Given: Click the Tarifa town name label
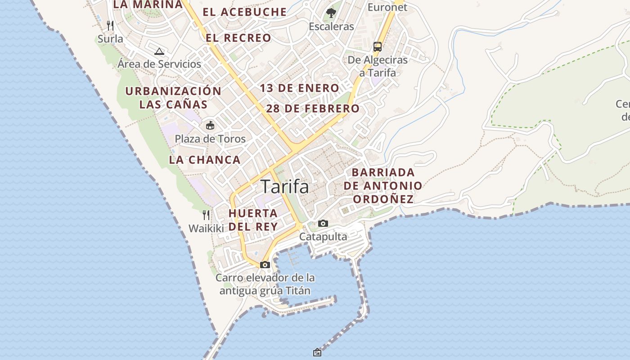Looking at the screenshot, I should tap(285, 186).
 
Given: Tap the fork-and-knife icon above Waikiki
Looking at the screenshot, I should tap(206, 215).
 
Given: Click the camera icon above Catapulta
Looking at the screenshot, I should tap(323, 223).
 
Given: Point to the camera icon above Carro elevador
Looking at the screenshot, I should tap(265, 265).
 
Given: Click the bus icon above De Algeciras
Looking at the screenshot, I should tap(378, 46).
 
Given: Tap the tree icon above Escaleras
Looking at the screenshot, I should tap(331, 13).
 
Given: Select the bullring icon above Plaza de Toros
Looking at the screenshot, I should tap(210, 125).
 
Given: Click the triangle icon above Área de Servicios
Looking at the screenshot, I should tap(159, 51).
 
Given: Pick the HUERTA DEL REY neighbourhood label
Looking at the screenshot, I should tap(253, 220).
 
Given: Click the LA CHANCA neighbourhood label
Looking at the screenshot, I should tap(205, 160).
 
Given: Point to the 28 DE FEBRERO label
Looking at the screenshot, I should tap(313, 108).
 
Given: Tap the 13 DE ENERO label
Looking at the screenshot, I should tap(299, 88).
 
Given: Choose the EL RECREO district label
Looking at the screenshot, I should tap(238, 38).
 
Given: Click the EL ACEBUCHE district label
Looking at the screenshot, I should tap(244, 12).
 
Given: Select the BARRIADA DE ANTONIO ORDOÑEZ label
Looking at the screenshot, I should tap(383, 185).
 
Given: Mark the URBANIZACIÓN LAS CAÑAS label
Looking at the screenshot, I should tap(173, 98).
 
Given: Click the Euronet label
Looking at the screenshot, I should tap(387, 7).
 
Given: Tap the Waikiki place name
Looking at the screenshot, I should tap(206, 229).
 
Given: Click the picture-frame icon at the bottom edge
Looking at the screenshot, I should tap(317, 352).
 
